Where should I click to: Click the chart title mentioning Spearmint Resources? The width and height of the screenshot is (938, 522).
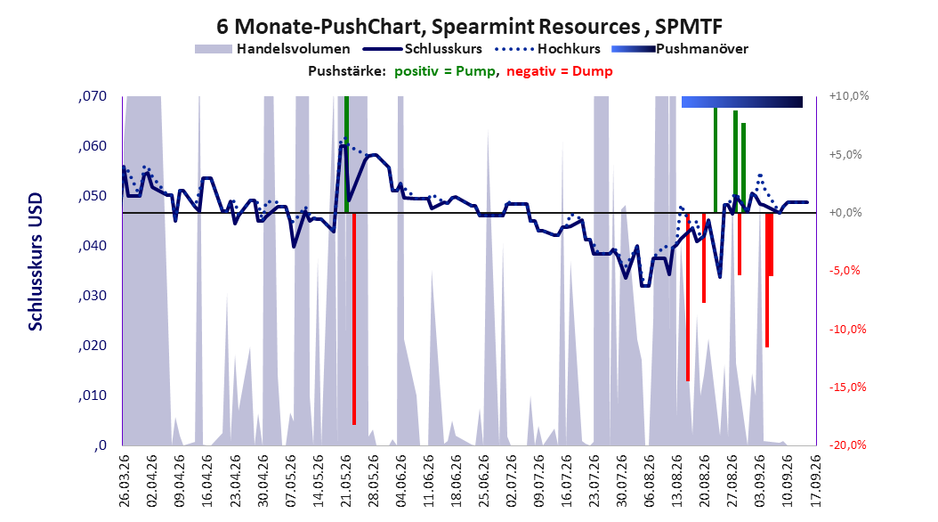[x=469, y=27]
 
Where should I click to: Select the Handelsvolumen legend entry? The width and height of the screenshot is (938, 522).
[x=273, y=49]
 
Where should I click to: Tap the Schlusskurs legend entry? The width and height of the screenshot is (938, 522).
[x=423, y=49]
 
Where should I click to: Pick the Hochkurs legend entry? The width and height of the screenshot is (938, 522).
[x=548, y=49]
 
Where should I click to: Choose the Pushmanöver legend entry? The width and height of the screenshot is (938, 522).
[x=680, y=49]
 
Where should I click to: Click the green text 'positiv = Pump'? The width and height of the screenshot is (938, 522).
[x=445, y=71]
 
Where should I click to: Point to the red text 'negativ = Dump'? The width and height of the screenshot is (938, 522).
[x=560, y=71]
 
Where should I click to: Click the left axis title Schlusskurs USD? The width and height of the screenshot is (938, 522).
[x=36, y=261]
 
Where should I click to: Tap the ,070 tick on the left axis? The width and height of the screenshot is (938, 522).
[x=93, y=96]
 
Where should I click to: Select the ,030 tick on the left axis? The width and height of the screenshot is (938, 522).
[x=93, y=296]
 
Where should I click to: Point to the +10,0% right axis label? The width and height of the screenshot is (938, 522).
[x=849, y=96]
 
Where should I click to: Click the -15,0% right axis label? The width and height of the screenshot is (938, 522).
[x=847, y=387]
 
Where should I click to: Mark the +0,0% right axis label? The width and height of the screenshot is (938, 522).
[x=845, y=213]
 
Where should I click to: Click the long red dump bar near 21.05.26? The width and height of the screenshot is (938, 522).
[x=354, y=319]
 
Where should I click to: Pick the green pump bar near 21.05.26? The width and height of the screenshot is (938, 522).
[x=346, y=154]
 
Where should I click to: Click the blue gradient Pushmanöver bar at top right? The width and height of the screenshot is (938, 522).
[x=742, y=102]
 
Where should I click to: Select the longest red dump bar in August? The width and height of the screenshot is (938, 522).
[x=688, y=297]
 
